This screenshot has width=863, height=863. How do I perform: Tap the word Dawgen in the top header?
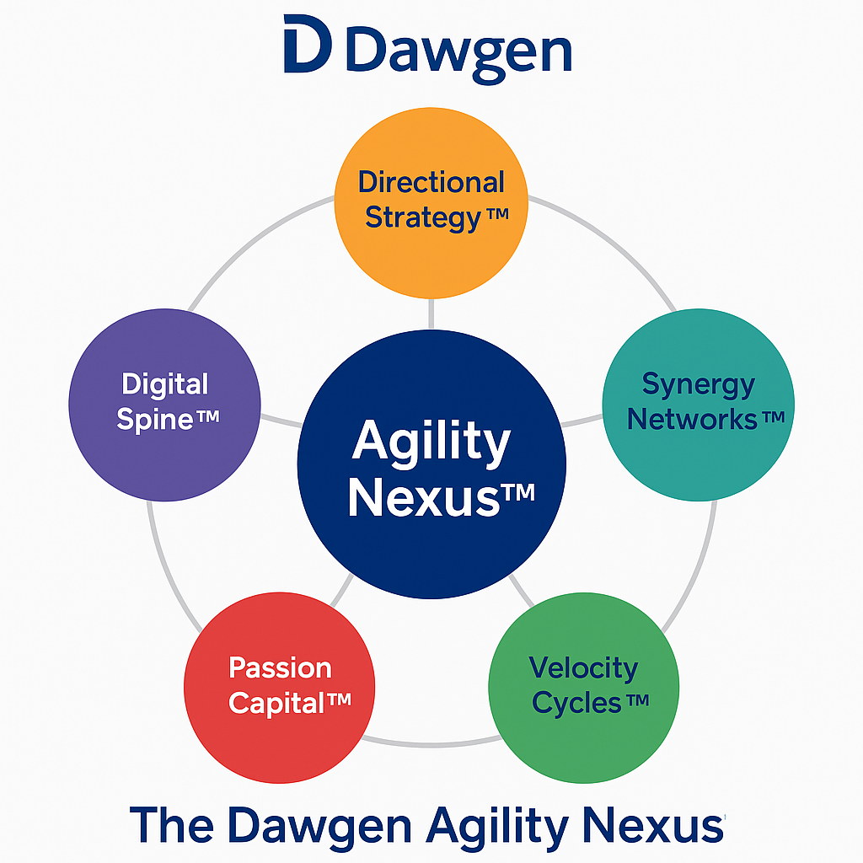coord(458,51)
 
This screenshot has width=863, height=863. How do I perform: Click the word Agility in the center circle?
coord(431,440)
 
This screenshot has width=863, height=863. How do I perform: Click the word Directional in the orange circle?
coord(431,182)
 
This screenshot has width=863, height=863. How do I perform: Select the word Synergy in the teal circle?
coord(699,384)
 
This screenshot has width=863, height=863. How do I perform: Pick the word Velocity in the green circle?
coord(583,668)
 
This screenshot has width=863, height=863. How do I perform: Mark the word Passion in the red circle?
coord(281,668)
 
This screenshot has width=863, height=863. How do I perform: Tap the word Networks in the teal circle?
coord(694,419)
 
